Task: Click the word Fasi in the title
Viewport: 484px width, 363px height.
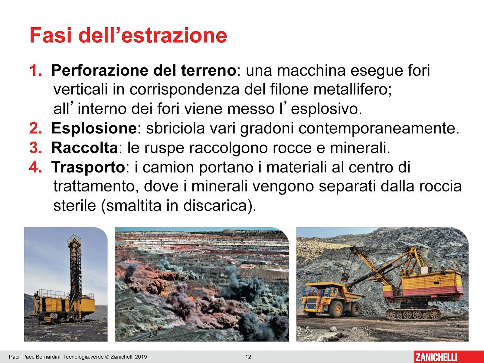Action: click(51, 35)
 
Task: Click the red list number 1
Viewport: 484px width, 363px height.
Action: click(35, 70)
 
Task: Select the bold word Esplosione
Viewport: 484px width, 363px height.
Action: click(94, 128)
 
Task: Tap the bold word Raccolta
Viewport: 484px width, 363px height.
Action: click(84, 148)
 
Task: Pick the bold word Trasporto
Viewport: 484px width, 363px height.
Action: click(88, 167)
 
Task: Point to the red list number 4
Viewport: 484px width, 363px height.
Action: click(35, 167)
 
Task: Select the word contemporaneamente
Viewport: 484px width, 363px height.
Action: click(378, 128)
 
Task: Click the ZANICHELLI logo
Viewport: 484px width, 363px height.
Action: click(436, 357)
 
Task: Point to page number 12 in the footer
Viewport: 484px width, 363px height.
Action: click(248, 357)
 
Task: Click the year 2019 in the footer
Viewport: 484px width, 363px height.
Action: click(141, 357)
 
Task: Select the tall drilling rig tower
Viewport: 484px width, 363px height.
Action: click(74, 266)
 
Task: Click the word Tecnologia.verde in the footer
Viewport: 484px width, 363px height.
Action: click(83, 357)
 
